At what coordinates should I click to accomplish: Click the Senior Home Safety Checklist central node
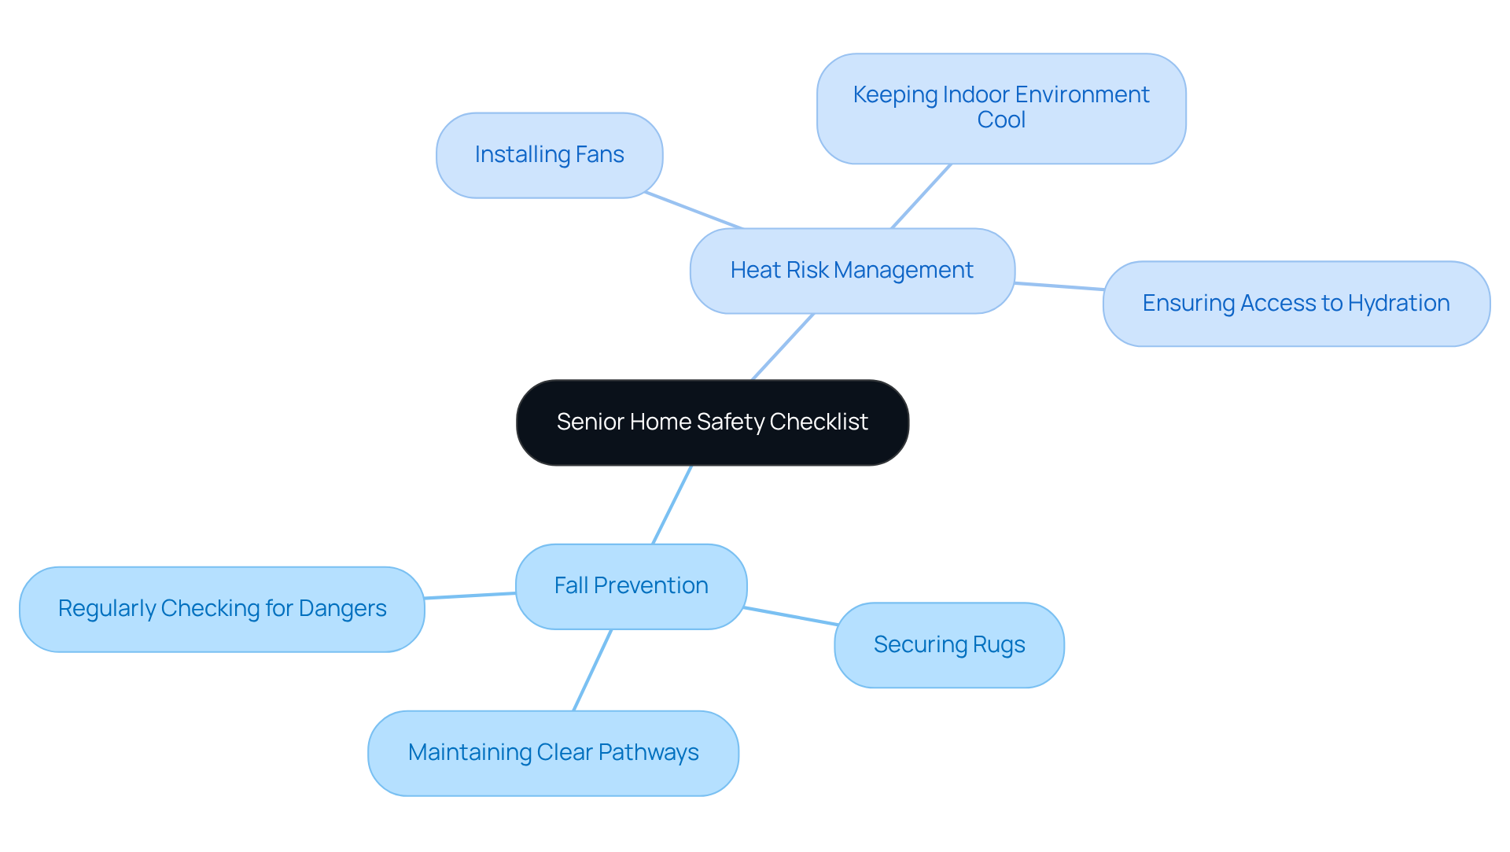[x=712, y=422]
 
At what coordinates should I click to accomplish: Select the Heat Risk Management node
[x=852, y=271]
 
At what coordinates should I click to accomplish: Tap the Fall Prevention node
[x=631, y=586]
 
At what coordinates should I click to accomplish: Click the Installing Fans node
[x=549, y=155]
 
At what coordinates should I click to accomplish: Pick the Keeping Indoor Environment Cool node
[x=1000, y=108]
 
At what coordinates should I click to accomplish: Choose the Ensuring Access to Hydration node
[x=1295, y=304]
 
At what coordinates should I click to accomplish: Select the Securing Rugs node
[x=948, y=645]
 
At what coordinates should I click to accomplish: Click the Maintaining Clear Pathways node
[x=553, y=753]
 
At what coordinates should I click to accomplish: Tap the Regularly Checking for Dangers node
[x=222, y=609]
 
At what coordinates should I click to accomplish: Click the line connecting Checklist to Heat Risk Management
[x=783, y=347]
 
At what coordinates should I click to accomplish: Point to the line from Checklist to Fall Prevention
[x=672, y=504]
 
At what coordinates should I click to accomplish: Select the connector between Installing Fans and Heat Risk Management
[x=693, y=210]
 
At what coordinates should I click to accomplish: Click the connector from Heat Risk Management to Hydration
[x=1059, y=286]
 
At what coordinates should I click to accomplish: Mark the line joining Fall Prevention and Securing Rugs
[x=790, y=616]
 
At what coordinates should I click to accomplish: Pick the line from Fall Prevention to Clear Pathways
[x=592, y=670]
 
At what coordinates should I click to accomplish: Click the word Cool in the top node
[x=1000, y=120]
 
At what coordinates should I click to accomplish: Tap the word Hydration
[x=1398, y=304]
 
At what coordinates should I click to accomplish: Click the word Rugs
[x=999, y=645]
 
